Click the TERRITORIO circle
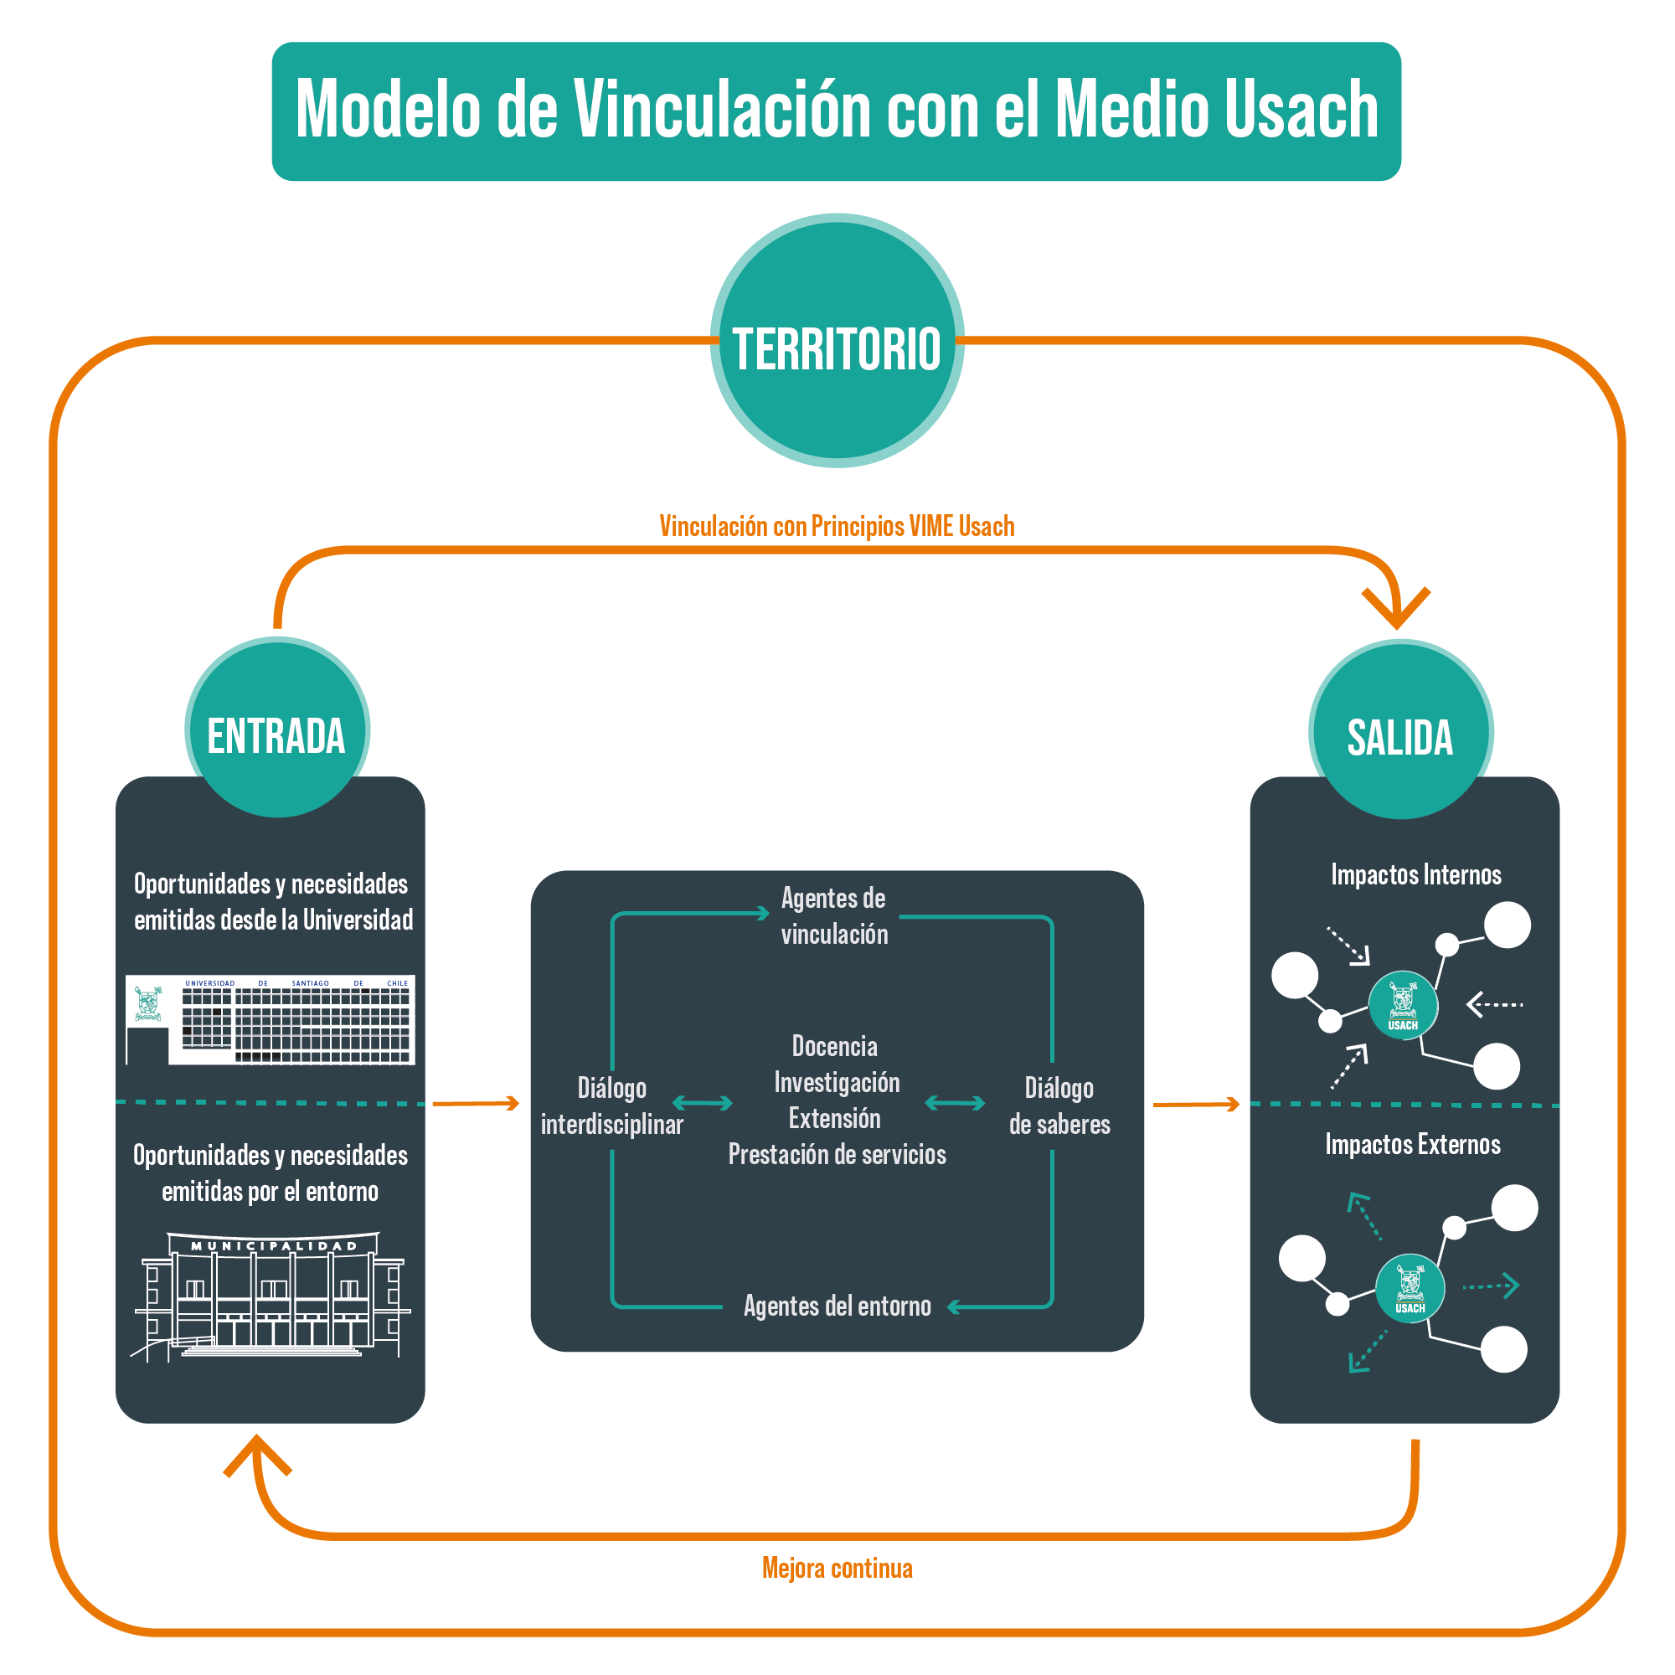(837, 341)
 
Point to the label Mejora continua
(837, 1568)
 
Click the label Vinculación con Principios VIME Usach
(837, 526)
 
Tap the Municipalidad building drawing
(270, 1295)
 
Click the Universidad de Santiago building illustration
(270, 1019)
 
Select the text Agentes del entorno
(837, 1306)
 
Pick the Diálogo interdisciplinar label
(611, 1105)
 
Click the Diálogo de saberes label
(1059, 1105)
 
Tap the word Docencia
(834, 1046)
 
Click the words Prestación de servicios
(837, 1154)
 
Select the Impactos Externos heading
(1412, 1144)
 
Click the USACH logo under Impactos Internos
(1403, 1006)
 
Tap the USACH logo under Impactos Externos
(1410, 1288)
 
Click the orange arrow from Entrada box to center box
(475, 1103)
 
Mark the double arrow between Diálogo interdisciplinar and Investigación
(703, 1103)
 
